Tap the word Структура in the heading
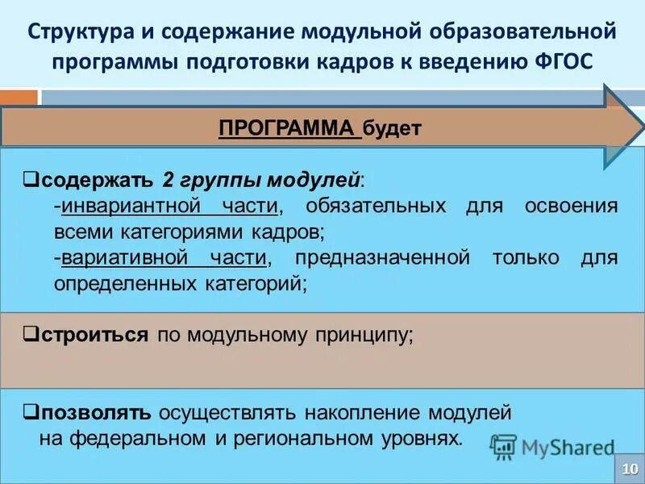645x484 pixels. coord(75,32)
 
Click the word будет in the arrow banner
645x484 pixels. coord(393,128)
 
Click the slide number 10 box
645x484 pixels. coord(628,468)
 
